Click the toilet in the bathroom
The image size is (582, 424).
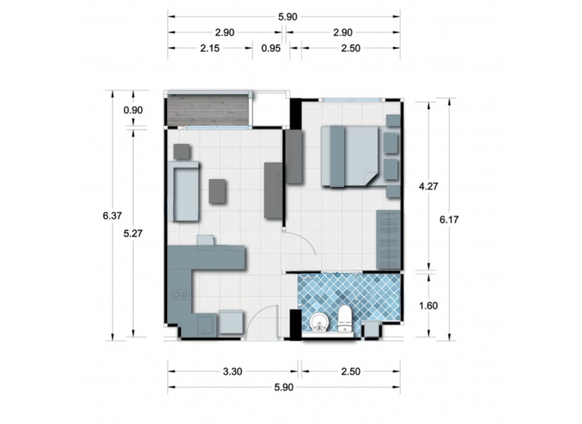[x=344, y=319]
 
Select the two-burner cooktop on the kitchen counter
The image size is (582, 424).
[x=180, y=294]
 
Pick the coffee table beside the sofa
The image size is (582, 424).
[x=217, y=191]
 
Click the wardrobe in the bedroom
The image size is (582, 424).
[x=388, y=239]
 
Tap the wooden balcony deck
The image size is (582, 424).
[x=208, y=110]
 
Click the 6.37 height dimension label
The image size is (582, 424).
[x=112, y=216]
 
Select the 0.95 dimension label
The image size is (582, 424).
[x=270, y=48]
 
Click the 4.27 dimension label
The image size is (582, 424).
[x=429, y=186]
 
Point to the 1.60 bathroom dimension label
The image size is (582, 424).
[x=428, y=306]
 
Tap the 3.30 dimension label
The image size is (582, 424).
[x=232, y=371]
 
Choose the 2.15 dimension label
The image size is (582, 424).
[x=210, y=48]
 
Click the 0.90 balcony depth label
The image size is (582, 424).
[x=133, y=110]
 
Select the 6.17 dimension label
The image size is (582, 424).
[x=449, y=219]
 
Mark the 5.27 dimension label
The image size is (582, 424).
[x=133, y=234]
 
